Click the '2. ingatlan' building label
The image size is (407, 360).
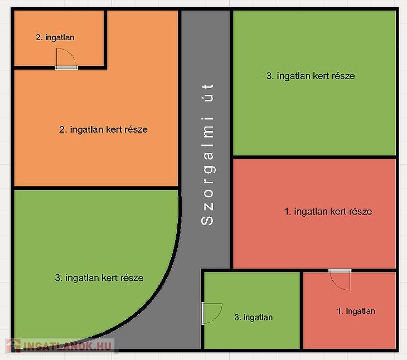coord(55,37)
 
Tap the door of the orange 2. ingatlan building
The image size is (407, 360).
coord(66,59)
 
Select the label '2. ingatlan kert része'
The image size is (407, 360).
coord(103,129)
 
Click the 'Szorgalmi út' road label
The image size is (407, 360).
coord(207,154)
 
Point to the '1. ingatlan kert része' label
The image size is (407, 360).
coord(328,212)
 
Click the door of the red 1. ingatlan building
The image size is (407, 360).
coord(340,280)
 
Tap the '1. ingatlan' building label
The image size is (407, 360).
coord(356,311)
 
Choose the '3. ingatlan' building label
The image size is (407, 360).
coord(254,317)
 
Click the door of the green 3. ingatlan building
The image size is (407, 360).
coord(211,314)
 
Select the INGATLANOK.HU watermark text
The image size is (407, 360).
coord(67,346)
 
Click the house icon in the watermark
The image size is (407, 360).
coord(13,346)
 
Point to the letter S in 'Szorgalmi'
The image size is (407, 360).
coord(207,220)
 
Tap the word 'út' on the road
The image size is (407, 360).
coord(207,93)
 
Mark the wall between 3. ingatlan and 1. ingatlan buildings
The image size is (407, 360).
coord(302,310)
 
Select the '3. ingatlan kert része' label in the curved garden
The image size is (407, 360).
coord(99,278)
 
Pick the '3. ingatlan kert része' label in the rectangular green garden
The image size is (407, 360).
coord(311,76)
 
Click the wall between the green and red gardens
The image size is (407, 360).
coord(314,157)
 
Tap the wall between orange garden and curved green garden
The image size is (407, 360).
coord(96,188)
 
